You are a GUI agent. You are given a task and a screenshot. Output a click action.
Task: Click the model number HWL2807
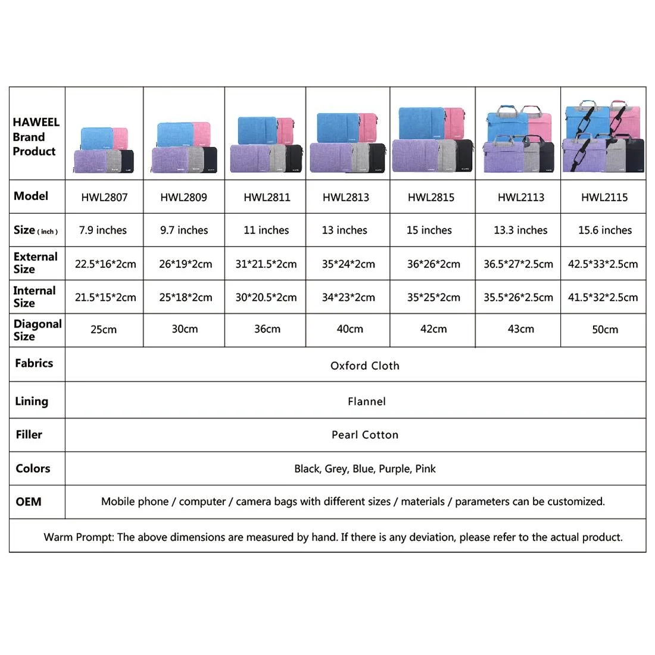coord(104,197)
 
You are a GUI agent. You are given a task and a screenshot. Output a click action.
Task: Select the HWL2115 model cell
coord(604,197)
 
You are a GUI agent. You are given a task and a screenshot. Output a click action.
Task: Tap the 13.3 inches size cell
coord(520,230)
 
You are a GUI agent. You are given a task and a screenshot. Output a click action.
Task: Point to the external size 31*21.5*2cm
coord(266,264)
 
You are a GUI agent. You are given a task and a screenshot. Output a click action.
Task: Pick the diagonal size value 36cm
coord(267,329)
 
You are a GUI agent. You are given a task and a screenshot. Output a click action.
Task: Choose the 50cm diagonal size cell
coord(604,329)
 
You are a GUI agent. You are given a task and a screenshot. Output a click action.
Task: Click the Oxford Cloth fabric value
coord(364,366)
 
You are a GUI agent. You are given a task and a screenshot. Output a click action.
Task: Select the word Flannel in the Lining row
coord(366,401)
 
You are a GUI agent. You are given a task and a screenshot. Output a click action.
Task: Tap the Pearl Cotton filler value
coord(364,435)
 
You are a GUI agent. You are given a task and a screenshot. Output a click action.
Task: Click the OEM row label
coord(29,501)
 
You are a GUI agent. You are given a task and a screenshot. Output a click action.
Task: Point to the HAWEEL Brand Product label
coord(36,137)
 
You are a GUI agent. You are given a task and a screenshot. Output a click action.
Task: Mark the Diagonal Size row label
coord(38,330)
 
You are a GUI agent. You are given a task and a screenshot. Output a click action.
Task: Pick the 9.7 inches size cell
coord(184,230)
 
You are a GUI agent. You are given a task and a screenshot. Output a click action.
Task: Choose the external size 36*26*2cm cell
coord(433,264)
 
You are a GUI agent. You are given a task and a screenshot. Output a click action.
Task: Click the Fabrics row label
coord(34,363)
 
